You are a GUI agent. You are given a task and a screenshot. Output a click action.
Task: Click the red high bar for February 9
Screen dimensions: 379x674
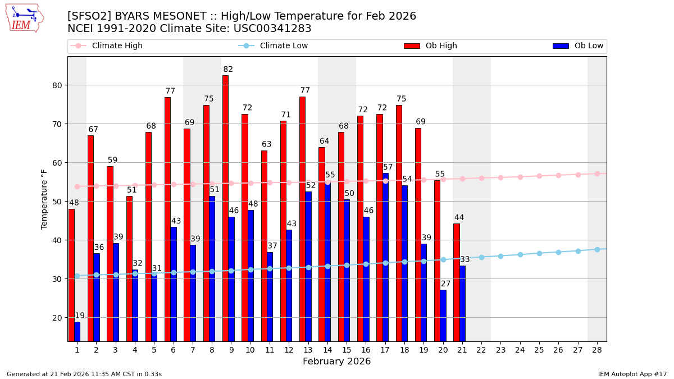pos(225,208)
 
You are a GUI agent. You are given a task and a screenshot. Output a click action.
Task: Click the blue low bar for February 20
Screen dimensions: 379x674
pos(443,315)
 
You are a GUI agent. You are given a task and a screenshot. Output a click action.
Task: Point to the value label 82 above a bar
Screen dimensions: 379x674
pos(228,70)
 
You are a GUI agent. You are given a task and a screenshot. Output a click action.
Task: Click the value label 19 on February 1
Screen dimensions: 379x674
pos(80,316)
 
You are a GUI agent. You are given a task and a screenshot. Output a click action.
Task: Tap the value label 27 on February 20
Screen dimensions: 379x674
pos(445,284)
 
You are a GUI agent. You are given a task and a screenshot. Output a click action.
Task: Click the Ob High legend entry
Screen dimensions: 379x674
pos(430,46)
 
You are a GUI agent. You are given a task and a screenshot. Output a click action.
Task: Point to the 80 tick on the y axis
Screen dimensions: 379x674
pos(57,85)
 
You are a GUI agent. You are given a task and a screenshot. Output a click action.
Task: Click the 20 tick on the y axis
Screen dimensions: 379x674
pos(57,318)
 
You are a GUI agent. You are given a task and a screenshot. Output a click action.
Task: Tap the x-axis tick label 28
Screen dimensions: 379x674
pos(597,350)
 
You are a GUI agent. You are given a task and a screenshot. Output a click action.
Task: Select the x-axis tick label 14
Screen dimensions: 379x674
pos(327,350)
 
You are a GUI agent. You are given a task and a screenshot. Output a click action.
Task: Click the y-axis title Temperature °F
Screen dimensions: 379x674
pos(44,199)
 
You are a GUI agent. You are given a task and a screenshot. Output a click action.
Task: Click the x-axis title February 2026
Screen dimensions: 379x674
pos(337,362)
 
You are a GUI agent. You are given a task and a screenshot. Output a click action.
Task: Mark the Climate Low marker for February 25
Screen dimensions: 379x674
pos(539,253)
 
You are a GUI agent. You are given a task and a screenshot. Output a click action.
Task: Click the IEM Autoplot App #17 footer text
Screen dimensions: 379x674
pos(632,374)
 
